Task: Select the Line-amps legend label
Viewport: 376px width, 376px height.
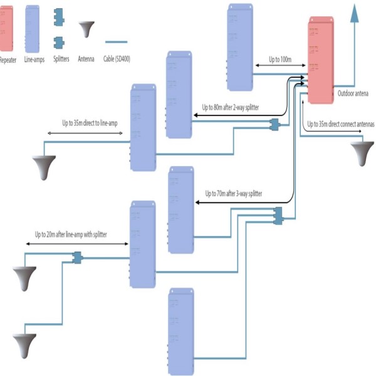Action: [32, 60]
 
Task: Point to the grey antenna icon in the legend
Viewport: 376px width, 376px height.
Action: [86, 30]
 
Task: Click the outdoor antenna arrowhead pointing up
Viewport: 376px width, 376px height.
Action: [355, 13]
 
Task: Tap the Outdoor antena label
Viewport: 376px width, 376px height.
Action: [353, 93]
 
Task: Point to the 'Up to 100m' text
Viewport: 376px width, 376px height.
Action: [280, 59]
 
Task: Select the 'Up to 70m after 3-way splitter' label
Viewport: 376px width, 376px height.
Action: [234, 194]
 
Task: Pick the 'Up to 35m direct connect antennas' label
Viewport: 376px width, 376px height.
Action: [340, 124]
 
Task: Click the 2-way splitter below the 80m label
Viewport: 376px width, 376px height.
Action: [273, 125]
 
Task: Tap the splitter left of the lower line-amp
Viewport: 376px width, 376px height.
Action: [78, 258]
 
